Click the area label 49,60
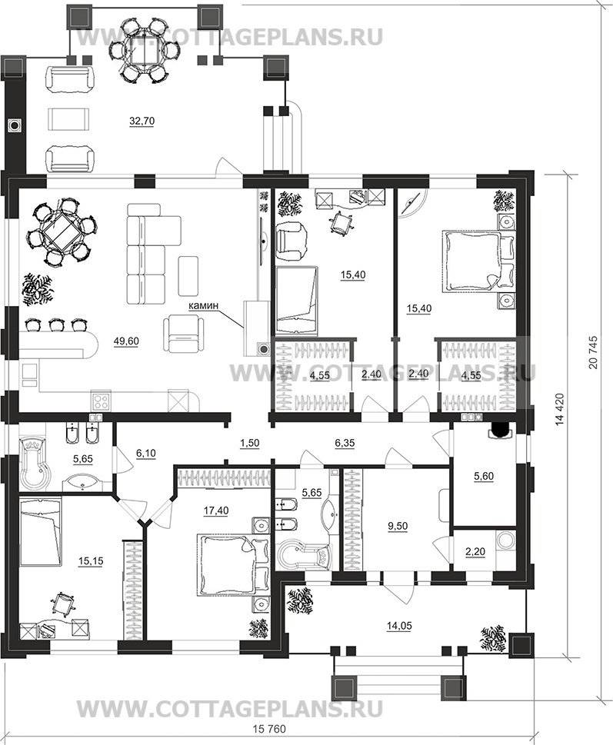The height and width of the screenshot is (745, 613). point(126,341)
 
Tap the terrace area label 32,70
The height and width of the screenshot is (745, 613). point(142,121)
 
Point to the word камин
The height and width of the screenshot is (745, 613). point(203,306)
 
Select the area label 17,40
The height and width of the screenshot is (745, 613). point(216,511)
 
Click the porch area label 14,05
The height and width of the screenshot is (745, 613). point(399,627)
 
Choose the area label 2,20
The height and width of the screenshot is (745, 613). point(475,551)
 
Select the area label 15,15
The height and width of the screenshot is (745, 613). point(91,561)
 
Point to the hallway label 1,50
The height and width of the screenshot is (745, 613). point(249,443)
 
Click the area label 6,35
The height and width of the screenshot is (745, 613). point(345,443)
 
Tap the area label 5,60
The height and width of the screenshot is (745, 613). point(484,477)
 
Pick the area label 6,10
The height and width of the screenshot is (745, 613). point(146,454)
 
